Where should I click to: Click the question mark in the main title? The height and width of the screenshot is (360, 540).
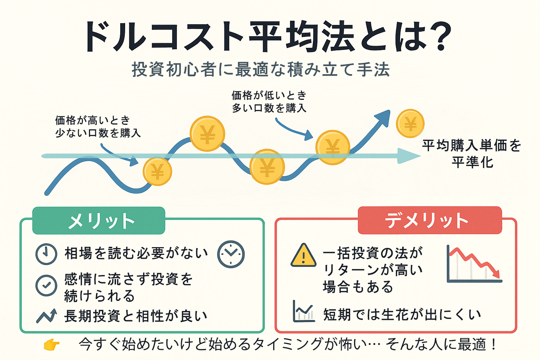(437, 37)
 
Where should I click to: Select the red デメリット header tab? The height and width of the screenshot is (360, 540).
(430, 220)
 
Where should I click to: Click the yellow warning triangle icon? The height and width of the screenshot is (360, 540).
(303, 256)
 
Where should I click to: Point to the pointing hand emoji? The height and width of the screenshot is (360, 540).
(51, 345)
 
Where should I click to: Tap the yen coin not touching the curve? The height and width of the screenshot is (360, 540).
(410, 123)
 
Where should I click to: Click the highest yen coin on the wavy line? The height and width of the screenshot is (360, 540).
(207, 134)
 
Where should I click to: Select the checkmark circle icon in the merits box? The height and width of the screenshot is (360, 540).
(46, 285)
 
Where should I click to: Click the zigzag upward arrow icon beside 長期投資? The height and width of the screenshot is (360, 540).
(46, 316)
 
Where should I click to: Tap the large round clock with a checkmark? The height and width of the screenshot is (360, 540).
(231, 254)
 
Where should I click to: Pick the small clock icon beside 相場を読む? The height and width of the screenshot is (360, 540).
(46, 254)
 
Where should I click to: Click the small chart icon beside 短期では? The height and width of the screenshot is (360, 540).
(303, 311)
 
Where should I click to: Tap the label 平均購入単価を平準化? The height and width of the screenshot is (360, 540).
(472, 154)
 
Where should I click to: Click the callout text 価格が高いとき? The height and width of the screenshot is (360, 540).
(92, 121)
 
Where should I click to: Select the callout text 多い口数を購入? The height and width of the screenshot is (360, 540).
(269, 108)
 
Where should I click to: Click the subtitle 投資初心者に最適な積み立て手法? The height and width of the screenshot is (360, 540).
(261, 69)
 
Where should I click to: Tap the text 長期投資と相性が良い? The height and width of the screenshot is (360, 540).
(136, 316)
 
